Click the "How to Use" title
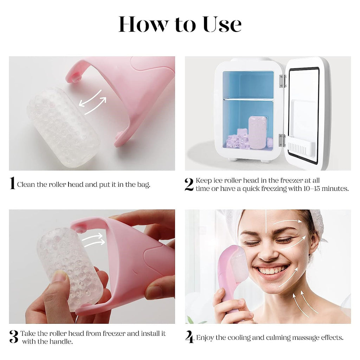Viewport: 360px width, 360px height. [x=180, y=25]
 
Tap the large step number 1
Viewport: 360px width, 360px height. [x=12, y=184]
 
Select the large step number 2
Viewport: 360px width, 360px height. [x=189, y=184]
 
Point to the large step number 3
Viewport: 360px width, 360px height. [x=14, y=337]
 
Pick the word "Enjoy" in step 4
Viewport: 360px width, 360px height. [x=205, y=338]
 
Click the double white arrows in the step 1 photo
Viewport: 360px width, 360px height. [x=92, y=102]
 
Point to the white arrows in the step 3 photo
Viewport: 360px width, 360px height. [x=93, y=240]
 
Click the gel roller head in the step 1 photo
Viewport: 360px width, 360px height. [x=63, y=127]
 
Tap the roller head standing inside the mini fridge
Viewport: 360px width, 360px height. [x=257, y=132]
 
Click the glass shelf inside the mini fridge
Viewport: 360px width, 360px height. [x=248, y=99]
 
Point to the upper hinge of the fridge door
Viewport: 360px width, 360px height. [x=282, y=81]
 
